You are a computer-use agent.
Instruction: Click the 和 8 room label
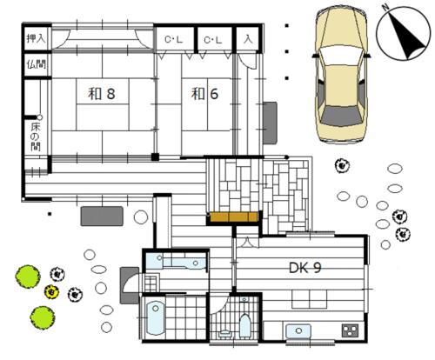pos(102,94)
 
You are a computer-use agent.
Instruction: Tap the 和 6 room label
pos(204,94)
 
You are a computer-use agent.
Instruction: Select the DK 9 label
pos(305,268)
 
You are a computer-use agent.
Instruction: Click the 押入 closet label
pos(37,38)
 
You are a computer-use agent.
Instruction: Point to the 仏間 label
pos(37,64)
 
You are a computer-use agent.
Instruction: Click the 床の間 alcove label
pos(36,137)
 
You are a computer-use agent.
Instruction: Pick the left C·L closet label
pos(173,39)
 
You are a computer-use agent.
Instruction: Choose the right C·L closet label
pos(213,40)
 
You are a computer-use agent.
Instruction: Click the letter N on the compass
pos(385,8)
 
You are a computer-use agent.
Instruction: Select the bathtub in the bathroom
pos(156,318)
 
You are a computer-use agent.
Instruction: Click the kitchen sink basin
pos(298,331)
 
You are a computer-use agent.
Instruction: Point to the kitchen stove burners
pos(350,330)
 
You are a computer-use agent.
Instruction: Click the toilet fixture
pos(245,324)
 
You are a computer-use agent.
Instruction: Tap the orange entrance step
pos(234,217)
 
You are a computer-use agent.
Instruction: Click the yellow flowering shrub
pos(51,291)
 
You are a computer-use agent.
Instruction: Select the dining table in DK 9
pos(310,299)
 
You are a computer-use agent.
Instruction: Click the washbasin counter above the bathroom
pos(176,261)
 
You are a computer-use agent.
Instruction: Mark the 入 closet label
pos(248,39)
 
